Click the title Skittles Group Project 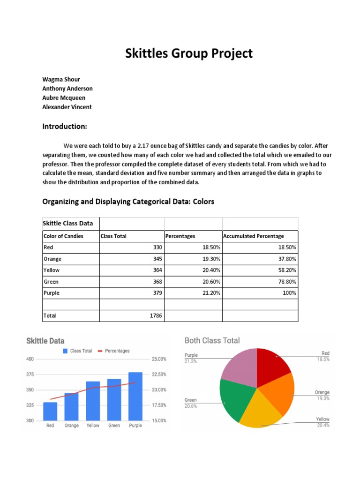(188, 53)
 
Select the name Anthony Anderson (67, 89)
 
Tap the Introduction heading (65, 127)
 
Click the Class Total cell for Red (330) (157, 247)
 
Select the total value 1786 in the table (155, 316)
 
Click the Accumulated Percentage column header (254, 236)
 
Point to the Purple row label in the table (51, 293)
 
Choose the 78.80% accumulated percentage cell (285, 282)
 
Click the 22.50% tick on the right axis (158, 375)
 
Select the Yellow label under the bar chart (93, 426)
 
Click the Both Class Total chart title (212, 341)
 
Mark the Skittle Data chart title (45, 341)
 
